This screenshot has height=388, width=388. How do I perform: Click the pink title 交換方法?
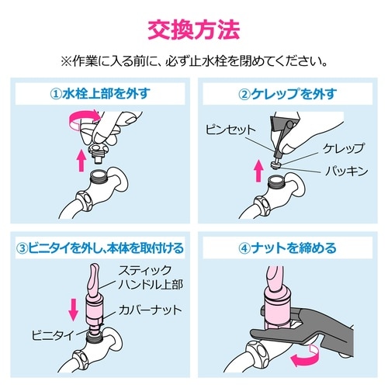click(x=194, y=29)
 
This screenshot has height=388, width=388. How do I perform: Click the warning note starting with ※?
click(x=194, y=60)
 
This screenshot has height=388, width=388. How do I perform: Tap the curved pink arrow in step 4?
click(x=305, y=355)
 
